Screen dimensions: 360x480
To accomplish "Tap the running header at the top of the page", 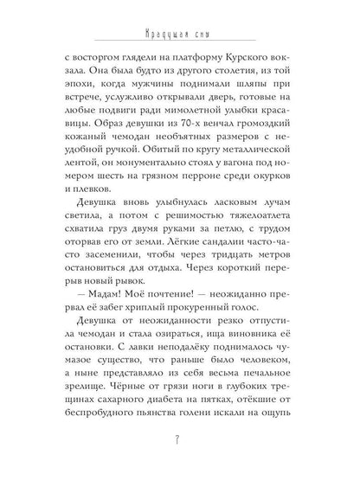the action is click(180, 36).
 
